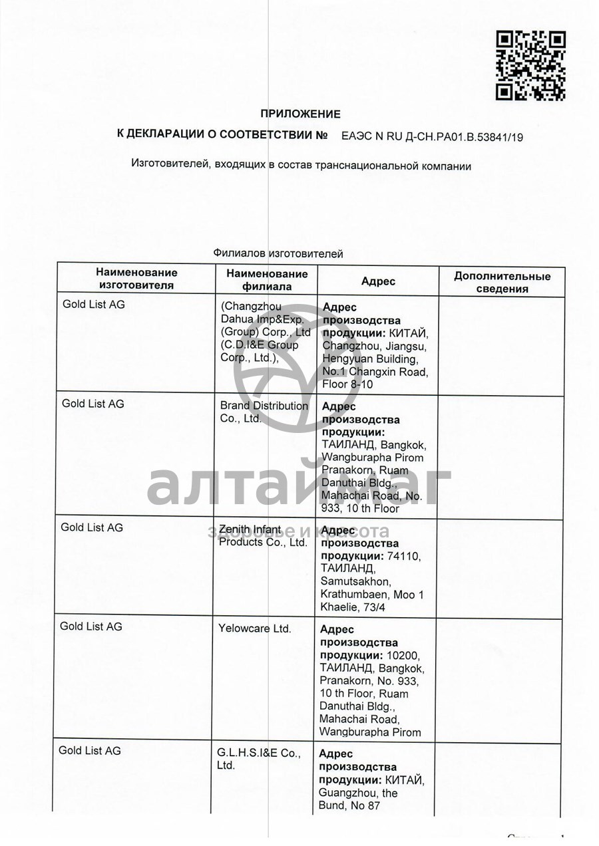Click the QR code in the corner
pos(530,66)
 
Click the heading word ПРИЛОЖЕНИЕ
pos(299,114)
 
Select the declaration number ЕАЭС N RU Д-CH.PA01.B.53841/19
pos(432,137)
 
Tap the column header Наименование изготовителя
pos(136,279)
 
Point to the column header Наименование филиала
pos(267,280)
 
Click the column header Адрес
pos(378,281)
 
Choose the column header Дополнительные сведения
pos(502,282)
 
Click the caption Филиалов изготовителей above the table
pos(278,253)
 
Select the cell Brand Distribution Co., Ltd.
pos(264,412)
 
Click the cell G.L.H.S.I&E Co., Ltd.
pos(258,759)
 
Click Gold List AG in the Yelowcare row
pos(91,626)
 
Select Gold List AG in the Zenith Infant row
pos(92,527)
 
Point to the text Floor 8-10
pos(347,384)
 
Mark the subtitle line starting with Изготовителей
pos(301,166)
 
